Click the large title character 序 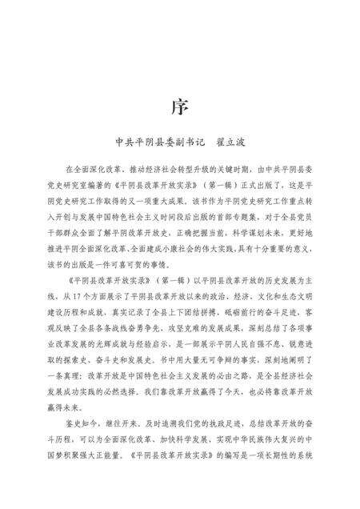tap(180, 106)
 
